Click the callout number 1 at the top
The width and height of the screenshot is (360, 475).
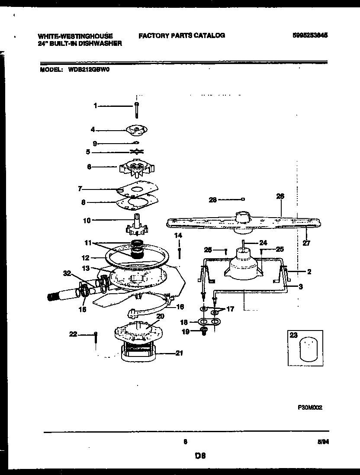tap(96, 105)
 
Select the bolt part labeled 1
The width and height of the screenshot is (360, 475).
tap(136, 109)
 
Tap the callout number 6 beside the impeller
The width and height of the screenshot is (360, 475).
tap(89, 167)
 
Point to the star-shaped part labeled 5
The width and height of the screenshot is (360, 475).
tap(137, 151)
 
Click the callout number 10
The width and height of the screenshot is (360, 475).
tap(87, 220)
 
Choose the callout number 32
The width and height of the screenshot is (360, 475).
tap(66, 274)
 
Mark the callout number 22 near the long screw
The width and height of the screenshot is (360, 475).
tap(73, 333)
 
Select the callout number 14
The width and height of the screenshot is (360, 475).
tap(179, 235)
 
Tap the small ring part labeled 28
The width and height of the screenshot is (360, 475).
tap(243, 199)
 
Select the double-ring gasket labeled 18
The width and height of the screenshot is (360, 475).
tap(209, 322)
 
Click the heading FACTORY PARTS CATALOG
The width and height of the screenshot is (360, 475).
tap(181, 35)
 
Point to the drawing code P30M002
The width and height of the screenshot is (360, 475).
tap(310, 407)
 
